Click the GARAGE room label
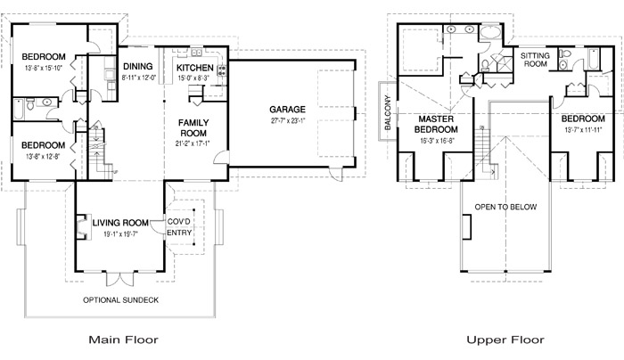(x=287, y=110)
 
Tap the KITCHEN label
(x=195, y=68)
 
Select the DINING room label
(x=137, y=67)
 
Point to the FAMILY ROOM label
(x=193, y=127)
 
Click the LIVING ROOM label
(x=120, y=223)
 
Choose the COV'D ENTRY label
(x=179, y=226)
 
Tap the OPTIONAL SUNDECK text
(x=120, y=300)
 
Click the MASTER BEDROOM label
(x=436, y=124)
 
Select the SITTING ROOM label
(x=535, y=60)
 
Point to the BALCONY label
(x=388, y=112)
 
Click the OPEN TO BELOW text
(x=505, y=207)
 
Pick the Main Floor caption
(x=123, y=340)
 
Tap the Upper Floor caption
(x=505, y=340)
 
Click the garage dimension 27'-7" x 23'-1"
(x=288, y=121)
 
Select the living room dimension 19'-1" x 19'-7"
(x=120, y=234)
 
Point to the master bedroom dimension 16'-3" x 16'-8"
(x=437, y=141)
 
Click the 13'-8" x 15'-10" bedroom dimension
(x=44, y=68)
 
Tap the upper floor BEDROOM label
(x=583, y=119)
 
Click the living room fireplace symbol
(x=82, y=227)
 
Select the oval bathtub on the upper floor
(x=491, y=32)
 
